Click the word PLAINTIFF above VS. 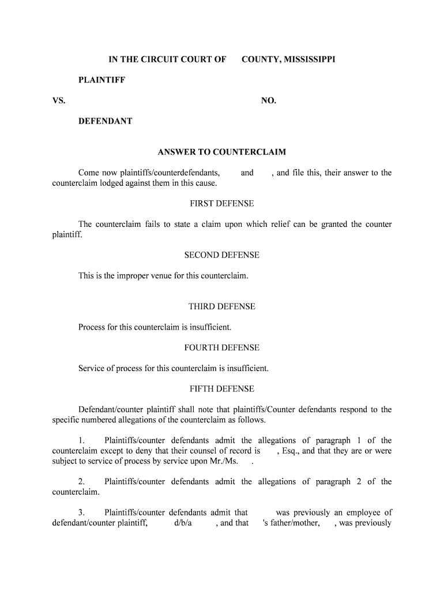[102, 80]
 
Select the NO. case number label [269, 101]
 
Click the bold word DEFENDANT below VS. [106, 121]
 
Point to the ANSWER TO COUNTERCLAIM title [222, 152]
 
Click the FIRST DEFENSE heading [222, 204]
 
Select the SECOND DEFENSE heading [222, 255]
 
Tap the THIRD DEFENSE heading [222, 306]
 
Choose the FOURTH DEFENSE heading [222, 347]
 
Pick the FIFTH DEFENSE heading [222, 389]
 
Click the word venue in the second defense [160, 276]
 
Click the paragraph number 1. [81, 441]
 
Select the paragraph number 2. [81, 482]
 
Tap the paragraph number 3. [81, 513]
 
